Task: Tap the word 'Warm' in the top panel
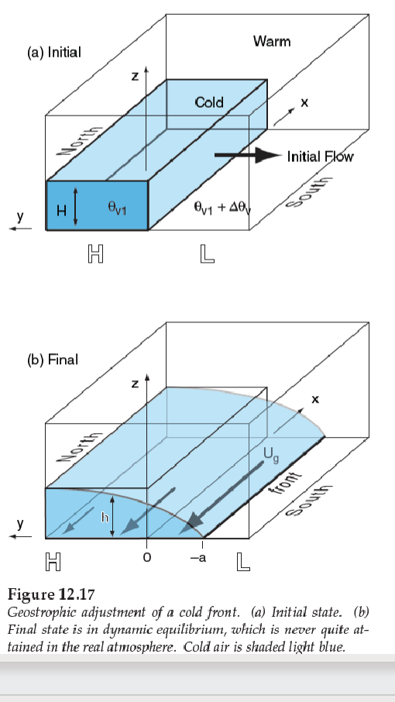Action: click(x=272, y=41)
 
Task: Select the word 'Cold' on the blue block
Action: click(x=209, y=102)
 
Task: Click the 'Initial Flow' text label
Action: click(x=320, y=157)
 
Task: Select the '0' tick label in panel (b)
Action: click(x=146, y=558)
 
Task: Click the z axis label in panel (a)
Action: click(x=135, y=77)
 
